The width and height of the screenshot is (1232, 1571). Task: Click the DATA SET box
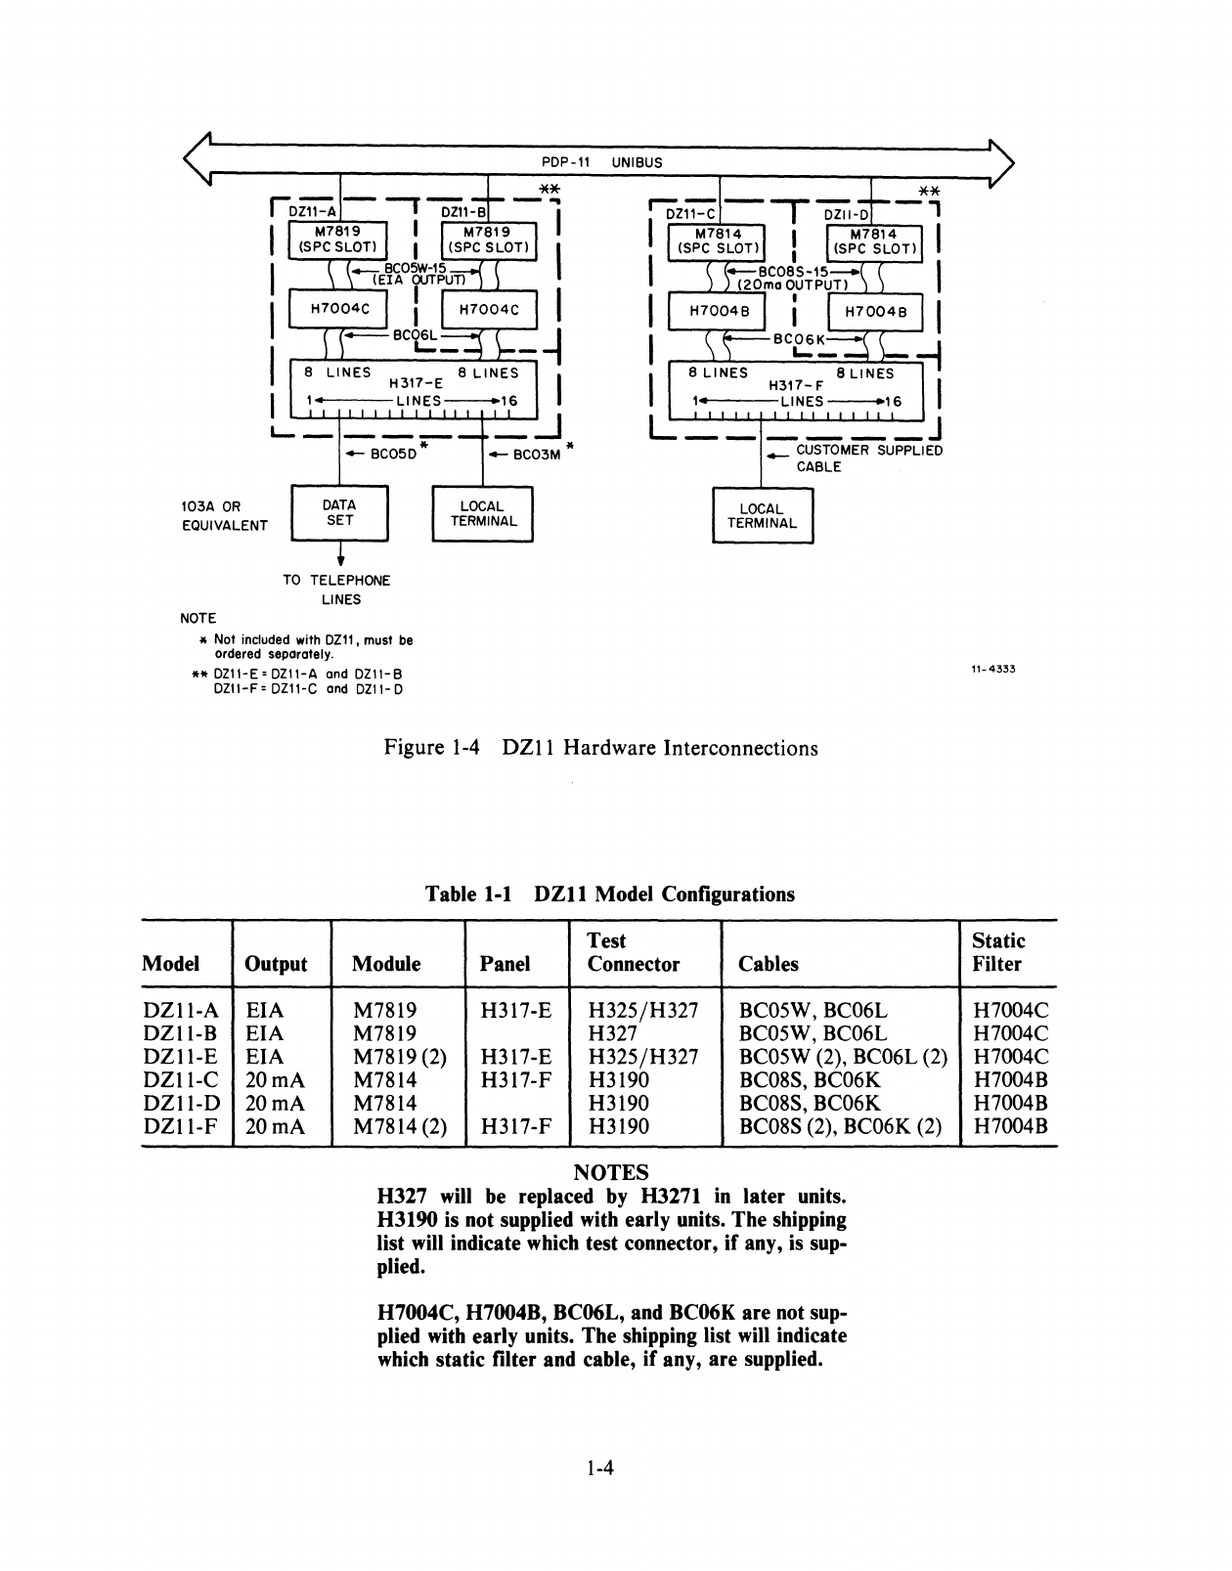tap(340, 513)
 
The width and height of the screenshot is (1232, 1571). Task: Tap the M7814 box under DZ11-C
tap(717, 240)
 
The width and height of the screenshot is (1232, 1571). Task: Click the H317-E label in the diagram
tap(416, 384)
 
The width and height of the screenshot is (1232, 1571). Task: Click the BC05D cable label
tap(392, 454)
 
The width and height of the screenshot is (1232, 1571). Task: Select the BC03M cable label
tap(536, 454)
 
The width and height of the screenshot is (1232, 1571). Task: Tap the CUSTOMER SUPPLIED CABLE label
tap(868, 458)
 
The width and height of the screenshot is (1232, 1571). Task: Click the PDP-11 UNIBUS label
tap(601, 162)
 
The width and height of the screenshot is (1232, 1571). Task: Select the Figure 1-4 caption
tap(600, 748)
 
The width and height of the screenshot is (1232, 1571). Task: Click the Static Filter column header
tap(997, 952)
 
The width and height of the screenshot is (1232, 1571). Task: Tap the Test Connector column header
tap(633, 952)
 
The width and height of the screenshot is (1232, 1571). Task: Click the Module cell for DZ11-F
tap(399, 1126)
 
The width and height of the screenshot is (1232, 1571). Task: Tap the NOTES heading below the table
tap(610, 1172)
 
